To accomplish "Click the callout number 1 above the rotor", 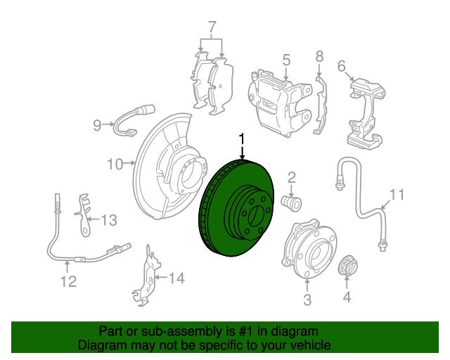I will pyautogui.click(x=243, y=139).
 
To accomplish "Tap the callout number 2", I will pyautogui.click(x=291, y=178).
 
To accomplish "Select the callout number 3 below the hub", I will pyautogui.click(x=307, y=302).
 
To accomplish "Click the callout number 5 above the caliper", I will pyautogui.click(x=286, y=61).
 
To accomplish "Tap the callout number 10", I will pyautogui.click(x=115, y=165).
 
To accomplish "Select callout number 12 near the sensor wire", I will pyautogui.click(x=67, y=283).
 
